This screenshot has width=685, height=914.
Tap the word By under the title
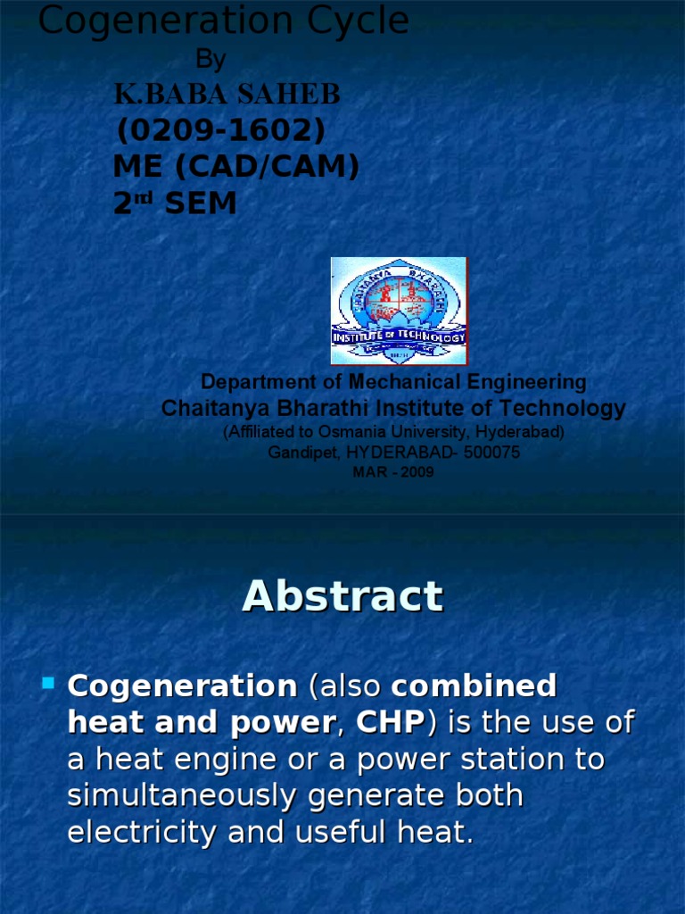[210, 60]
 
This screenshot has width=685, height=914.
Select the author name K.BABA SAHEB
[227, 95]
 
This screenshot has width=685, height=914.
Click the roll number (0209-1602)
[221, 131]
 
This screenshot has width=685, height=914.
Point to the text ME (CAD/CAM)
[235, 167]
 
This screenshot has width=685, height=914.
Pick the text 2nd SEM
[175, 204]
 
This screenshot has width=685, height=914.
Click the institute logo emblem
[399, 311]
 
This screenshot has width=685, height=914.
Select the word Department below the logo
[253, 382]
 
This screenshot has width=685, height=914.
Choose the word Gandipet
[300, 453]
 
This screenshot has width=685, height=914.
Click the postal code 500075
[491, 453]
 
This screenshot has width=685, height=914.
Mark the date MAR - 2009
[393, 472]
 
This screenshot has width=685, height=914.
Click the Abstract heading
[342, 596]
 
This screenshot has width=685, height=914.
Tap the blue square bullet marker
[48, 685]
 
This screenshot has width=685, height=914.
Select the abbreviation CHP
[389, 723]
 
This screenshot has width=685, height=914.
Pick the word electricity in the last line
[144, 832]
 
